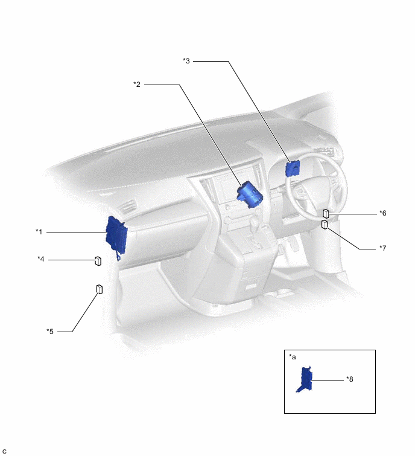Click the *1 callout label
[x=39, y=231]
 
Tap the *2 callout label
[x=137, y=85]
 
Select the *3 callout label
[x=186, y=60]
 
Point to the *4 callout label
[x=41, y=259]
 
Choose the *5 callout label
[x=50, y=331]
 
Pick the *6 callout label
[x=382, y=213]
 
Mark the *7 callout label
[x=382, y=248]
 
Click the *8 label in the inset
[x=350, y=379]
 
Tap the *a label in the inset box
[x=293, y=357]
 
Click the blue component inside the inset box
[x=306, y=380]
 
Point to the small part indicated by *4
[x=97, y=261]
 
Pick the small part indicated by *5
[x=100, y=289]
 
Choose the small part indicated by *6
[x=326, y=213]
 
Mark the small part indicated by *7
[x=325, y=225]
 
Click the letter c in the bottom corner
[x=4, y=451]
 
